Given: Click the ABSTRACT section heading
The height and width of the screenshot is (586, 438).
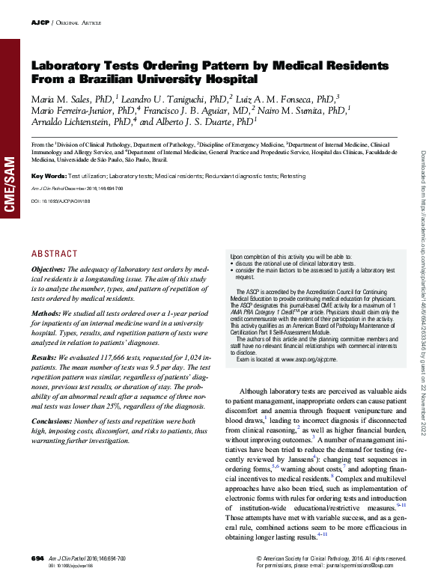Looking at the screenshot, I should coord(54,254).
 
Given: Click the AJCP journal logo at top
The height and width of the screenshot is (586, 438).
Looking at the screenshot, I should coord(40,23).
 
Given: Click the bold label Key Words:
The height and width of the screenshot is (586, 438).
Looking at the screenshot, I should coord(49,176).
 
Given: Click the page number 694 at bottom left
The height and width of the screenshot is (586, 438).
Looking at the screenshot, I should coord(37,558).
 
